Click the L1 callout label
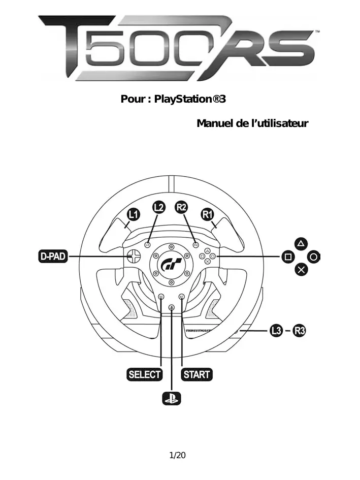[x=133, y=214]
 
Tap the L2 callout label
[x=159, y=207]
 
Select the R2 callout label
[x=181, y=207]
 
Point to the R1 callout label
[x=207, y=214]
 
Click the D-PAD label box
[x=53, y=256]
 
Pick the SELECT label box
[x=144, y=375]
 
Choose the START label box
[x=197, y=375]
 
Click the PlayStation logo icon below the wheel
[x=171, y=399]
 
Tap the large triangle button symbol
[x=301, y=243]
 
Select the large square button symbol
[x=288, y=257]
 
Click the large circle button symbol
[x=314, y=257]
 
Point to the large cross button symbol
[x=301, y=270]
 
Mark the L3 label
[x=276, y=331]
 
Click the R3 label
[x=301, y=331]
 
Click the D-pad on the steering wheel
[x=133, y=257]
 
